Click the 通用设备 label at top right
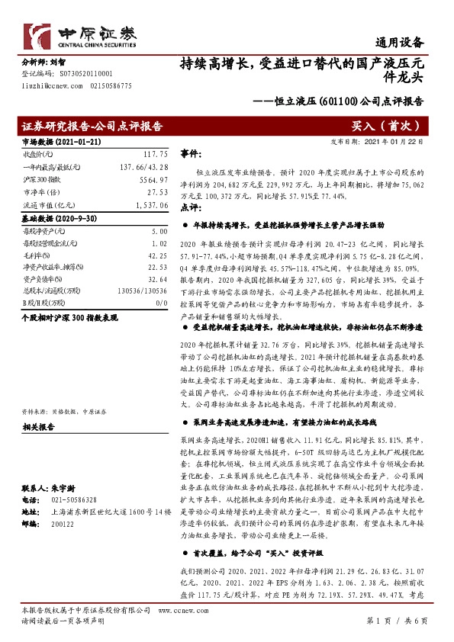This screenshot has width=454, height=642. [400, 43]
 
